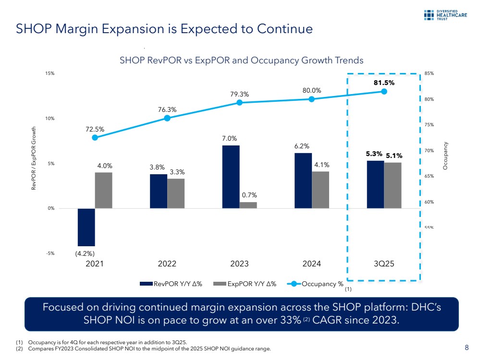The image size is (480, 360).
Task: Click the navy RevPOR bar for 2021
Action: coord(86,227)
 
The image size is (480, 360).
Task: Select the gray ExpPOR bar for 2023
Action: coord(248,205)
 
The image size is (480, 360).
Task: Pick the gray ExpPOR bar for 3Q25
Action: coord(393,185)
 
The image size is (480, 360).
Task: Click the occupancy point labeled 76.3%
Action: coord(167,118)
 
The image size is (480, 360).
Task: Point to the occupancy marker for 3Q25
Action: coord(384,91)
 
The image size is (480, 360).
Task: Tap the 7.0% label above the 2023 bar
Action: coord(230,139)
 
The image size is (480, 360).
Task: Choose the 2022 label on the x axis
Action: coord(167,264)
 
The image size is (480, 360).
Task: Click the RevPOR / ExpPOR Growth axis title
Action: coord(34,158)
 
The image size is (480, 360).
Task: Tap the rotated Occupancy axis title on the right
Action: coord(446,155)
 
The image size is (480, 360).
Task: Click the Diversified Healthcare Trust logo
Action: coord(448,15)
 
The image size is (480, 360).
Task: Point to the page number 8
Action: coord(467,348)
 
